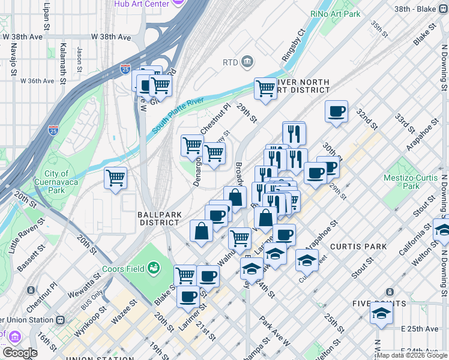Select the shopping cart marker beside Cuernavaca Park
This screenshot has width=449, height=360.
coord(115,178)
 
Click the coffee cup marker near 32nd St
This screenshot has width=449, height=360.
coord(336,111)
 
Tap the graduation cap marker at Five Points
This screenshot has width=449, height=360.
coord(381,313)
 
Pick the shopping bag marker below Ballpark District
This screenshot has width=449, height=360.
coord(201,231)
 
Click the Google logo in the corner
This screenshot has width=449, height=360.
coord(20,353)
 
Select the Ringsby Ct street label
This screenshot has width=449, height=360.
coord(293,45)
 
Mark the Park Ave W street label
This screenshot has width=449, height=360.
coord(275,329)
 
